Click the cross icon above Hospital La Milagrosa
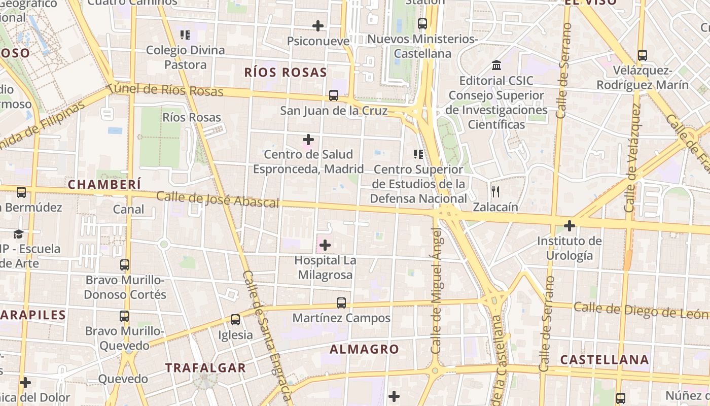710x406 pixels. pos(325,246)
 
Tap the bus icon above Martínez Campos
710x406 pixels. pos(341,303)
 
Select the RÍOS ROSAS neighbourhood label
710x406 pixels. pos(286,73)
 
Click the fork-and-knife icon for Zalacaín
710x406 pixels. pos(495,192)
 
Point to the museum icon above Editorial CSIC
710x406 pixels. pos(496,65)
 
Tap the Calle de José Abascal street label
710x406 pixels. pos(218,199)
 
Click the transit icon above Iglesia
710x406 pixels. pos(235,320)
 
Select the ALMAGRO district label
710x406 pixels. pos(364,349)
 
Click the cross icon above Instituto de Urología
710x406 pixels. pos(570,225)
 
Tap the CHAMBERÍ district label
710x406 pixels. pos(104,185)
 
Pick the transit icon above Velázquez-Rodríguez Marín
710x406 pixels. pos(643,55)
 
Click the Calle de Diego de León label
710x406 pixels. pos(641,310)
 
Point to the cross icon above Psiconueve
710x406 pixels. pos(318,25)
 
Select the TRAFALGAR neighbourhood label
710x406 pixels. pos(205,368)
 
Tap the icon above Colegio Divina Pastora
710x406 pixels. pos(185,35)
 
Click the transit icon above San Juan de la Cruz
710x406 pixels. pos(334,95)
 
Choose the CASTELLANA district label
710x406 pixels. pos(604,360)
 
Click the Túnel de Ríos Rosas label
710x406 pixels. pos(166,90)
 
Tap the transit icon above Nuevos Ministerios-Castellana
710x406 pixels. pos(422,23)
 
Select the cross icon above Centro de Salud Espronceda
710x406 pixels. pos(308,139)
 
